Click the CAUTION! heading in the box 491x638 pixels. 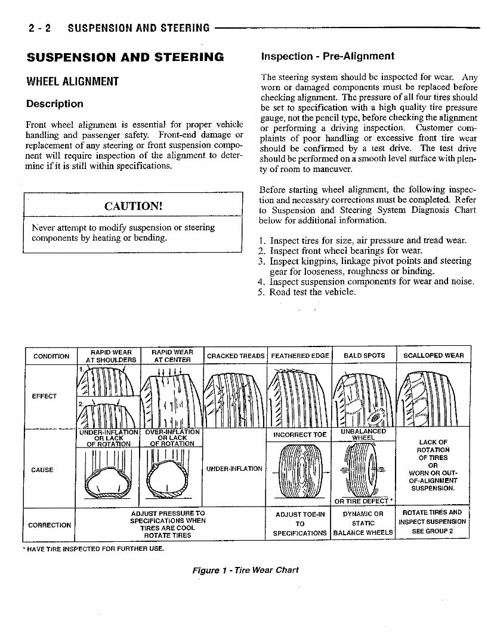click(x=133, y=206)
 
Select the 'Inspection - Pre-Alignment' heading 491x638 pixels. click(x=328, y=57)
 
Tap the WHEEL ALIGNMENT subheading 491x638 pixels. click(x=73, y=81)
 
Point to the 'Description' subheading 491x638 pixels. click(x=55, y=104)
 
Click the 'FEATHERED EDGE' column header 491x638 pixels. click(x=299, y=356)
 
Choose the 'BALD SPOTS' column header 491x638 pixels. click(x=364, y=356)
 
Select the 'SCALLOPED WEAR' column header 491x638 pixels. click(x=433, y=356)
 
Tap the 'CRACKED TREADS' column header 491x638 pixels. click(x=235, y=356)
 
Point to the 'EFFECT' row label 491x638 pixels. click(x=44, y=396)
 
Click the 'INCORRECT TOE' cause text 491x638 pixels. click(x=299, y=435)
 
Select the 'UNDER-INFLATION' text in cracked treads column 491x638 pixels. click(x=234, y=469)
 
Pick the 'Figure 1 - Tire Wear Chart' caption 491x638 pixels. click(x=245, y=570)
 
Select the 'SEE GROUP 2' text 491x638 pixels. click(x=433, y=531)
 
